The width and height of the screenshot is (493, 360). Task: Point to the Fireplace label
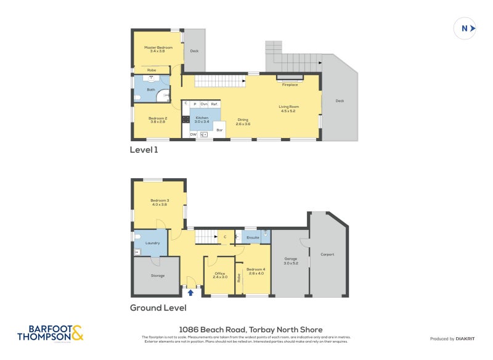(x=290, y=84)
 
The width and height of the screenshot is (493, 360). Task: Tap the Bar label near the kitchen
(x=219, y=129)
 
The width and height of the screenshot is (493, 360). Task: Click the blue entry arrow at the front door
(x=190, y=293)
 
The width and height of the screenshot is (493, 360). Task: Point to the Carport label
(x=327, y=254)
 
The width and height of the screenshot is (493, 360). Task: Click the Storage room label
(x=158, y=276)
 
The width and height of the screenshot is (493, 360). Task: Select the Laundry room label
(x=152, y=243)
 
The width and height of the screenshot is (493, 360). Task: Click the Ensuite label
(x=253, y=237)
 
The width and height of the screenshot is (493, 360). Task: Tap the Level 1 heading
(x=144, y=150)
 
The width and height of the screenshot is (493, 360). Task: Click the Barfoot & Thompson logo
(x=50, y=333)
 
